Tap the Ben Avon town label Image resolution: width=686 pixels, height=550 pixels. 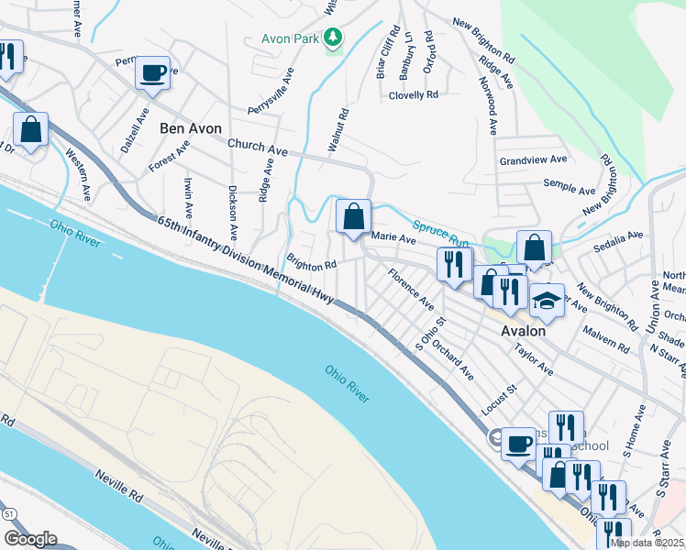pyautogui.click(x=191, y=128)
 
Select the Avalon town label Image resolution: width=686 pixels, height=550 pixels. pyautogui.click(x=523, y=331)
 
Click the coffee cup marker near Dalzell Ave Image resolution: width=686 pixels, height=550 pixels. pyautogui.click(x=152, y=73)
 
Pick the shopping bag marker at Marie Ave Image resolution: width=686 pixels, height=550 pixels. pyautogui.click(x=353, y=218)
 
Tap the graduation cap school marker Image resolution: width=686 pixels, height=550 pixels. pyautogui.click(x=547, y=300)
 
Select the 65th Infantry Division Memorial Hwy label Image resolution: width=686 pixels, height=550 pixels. pyautogui.click(x=245, y=256)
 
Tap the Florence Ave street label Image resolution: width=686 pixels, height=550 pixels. pyautogui.click(x=410, y=287)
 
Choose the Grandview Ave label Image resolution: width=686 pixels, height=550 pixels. pyautogui.click(x=533, y=159)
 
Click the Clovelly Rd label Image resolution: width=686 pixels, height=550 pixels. pyautogui.click(x=413, y=94)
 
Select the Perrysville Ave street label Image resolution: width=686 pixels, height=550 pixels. pyautogui.click(x=272, y=90)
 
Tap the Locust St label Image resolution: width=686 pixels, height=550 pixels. pyautogui.click(x=499, y=401)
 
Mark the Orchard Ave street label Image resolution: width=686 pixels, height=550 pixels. pyautogui.click(x=452, y=361)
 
